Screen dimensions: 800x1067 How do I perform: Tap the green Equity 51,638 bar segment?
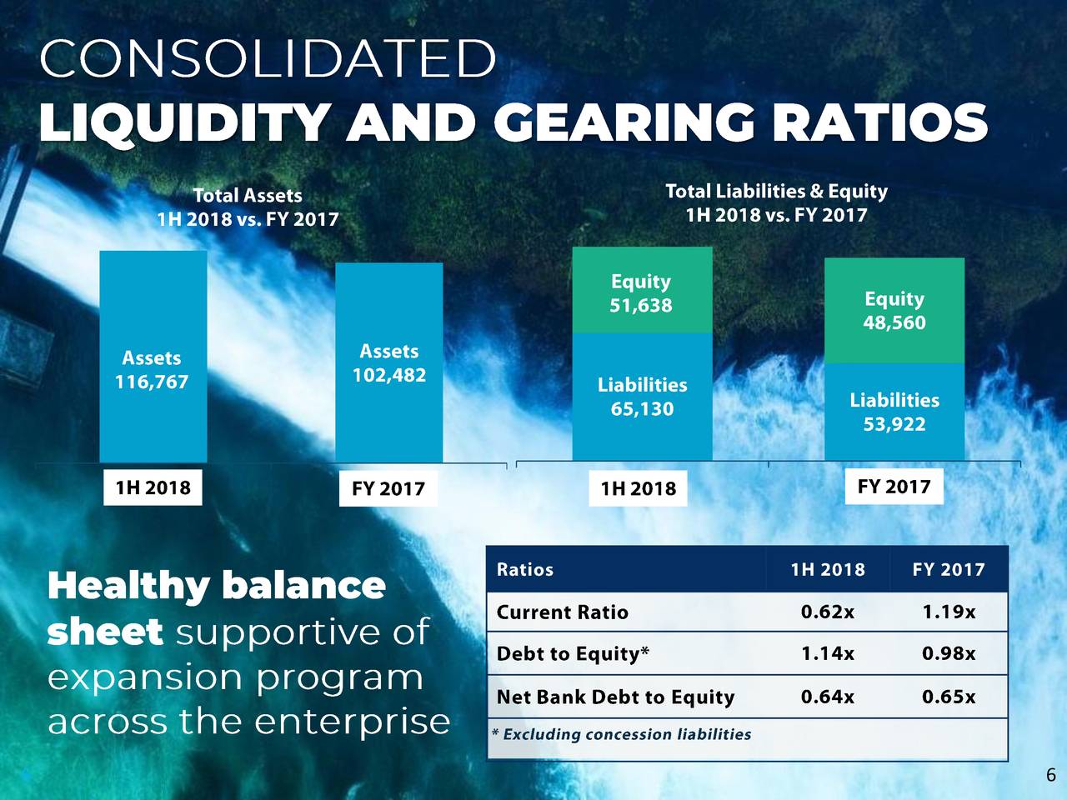[x=641, y=292]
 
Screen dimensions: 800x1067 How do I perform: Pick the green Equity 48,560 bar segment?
[x=894, y=310]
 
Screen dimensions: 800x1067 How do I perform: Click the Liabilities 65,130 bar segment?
[x=642, y=397]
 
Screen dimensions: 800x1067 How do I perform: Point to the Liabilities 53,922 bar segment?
[x=894, y=412]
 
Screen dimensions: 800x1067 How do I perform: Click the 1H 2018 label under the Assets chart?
[x=153, y=487]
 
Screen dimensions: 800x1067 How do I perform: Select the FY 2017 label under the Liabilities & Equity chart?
[x=894, y=487]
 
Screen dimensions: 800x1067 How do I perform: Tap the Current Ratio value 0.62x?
[x=827, y=612]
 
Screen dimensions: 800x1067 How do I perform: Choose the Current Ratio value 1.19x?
[x=949, y=612]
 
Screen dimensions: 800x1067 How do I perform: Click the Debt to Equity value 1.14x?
[x=827, y=654]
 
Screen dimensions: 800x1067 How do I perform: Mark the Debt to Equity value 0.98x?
[x=949, y=654]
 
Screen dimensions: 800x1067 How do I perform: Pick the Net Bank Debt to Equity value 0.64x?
[x=827, y=697]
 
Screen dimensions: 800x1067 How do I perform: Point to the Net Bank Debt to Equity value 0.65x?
[x=949, y=697]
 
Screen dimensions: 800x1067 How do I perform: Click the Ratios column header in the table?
[x=525, y=570]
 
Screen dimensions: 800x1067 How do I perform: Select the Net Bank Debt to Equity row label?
[x=615, y=697]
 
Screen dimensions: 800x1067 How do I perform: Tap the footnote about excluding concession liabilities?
[x=622, y=734]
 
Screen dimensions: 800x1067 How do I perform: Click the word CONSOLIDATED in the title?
[x=267, y=59]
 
